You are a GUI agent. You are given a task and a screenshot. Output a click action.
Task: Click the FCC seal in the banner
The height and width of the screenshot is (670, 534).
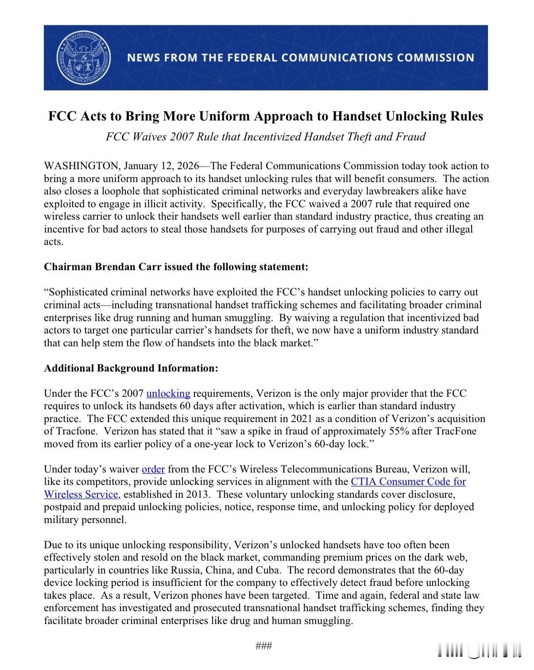[x=84, y=58]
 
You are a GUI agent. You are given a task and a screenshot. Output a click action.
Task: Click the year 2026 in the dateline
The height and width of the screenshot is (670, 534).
[x=188, y=166]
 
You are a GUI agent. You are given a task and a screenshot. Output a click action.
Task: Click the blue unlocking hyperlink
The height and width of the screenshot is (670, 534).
[x=168, y=393]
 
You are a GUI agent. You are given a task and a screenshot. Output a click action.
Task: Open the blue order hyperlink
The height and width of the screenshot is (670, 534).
[x=153, y=469]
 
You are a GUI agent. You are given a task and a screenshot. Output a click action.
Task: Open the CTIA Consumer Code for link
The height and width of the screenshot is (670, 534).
[x=408, y=481]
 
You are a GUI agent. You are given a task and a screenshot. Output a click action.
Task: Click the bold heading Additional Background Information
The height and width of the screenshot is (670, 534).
[x=131, y=368]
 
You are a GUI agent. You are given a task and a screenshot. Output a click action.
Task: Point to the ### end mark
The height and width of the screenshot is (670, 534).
[x=264, y=646]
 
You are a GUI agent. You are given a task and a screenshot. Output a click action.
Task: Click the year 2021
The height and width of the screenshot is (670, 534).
[x=303, y=419]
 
